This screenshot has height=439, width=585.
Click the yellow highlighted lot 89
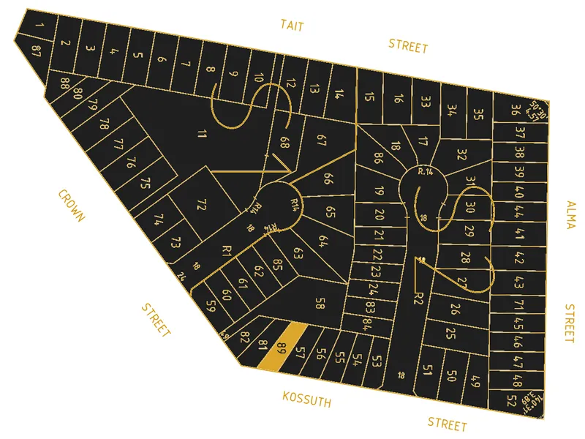282,347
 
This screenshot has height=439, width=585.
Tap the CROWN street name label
72,206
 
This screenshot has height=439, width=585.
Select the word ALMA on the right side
570,214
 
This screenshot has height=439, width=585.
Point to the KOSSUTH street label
307,400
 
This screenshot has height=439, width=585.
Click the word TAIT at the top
292,26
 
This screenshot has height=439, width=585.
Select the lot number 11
203,133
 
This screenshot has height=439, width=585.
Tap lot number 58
320,303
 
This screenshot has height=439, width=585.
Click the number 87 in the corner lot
36,49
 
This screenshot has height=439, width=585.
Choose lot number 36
516,110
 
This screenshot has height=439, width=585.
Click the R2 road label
419,297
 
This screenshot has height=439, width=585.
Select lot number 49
475,380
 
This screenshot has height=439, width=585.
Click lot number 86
378,157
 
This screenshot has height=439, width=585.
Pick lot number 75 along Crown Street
146,182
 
